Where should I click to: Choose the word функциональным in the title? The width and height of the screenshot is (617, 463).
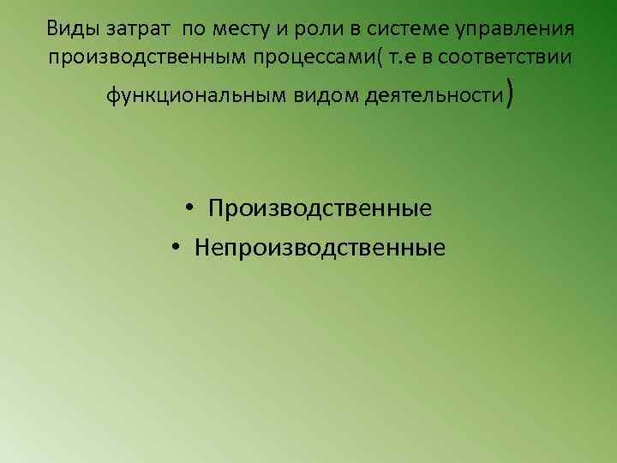184,94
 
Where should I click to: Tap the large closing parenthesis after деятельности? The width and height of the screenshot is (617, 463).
511,93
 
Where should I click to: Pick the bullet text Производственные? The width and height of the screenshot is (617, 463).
319,208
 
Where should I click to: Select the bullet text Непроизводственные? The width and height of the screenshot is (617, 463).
320,248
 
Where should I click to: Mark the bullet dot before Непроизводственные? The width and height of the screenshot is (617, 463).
175,249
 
